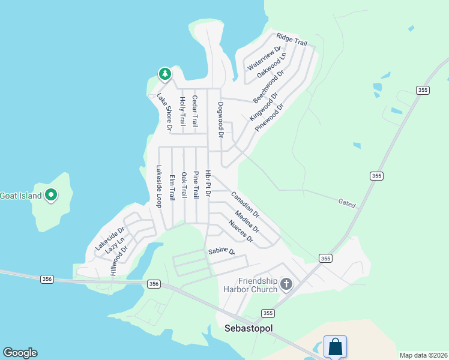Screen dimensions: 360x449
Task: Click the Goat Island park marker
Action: (x=52, y=195)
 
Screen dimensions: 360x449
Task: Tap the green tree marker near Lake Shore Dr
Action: (x=164, y=74)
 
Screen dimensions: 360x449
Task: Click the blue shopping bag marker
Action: (x=335, y=346)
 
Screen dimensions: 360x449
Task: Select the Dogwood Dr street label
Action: (x=220, y=120)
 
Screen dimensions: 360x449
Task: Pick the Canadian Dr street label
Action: (x=245, y=205)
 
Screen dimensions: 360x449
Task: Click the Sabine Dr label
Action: (x=221, y=251)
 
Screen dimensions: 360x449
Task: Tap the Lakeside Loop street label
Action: (x=159, y=187)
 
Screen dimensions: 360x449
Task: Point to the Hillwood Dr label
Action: (x=119, y=262)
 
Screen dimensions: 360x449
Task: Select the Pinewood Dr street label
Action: (x=268, y=118)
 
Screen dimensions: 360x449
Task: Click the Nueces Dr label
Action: (x=241, y=232)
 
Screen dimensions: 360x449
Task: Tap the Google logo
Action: (x=20, y=353)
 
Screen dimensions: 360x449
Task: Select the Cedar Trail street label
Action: (x=194, y=111)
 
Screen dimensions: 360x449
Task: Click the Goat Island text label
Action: (x=20, y=196)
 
